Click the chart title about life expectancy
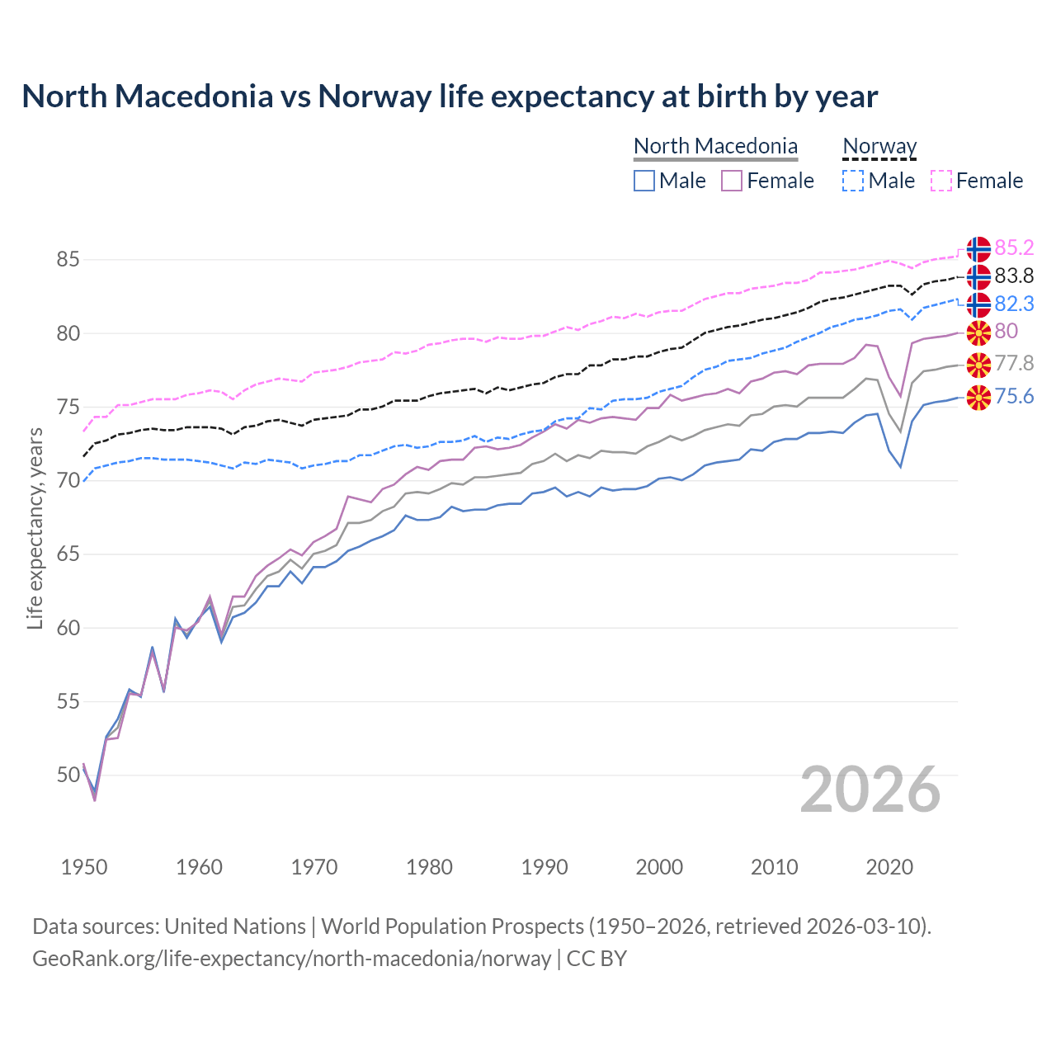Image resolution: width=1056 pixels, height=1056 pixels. pos(450,97)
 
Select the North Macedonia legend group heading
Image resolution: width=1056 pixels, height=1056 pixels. pos(715,146)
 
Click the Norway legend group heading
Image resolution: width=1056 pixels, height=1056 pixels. pos(879,146)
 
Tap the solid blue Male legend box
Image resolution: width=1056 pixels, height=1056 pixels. pos(644,181)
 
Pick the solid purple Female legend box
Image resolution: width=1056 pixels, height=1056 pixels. pos(732,181)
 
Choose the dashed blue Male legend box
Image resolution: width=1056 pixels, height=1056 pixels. pos(853,181)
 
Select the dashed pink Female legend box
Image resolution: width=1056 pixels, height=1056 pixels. pos(941,181)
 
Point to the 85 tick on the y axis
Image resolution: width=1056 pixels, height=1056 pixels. pos(68,259)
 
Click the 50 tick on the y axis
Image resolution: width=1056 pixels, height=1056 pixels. pos(68,775)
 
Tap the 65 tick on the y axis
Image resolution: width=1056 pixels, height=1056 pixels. pos(68,554)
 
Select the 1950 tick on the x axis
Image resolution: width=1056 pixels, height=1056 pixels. pos(84,867)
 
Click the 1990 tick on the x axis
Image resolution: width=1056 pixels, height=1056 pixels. pos(544,867)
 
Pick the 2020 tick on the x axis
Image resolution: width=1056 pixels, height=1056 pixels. pos(889,867)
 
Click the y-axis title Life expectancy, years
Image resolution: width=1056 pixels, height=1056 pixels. pos(35,528)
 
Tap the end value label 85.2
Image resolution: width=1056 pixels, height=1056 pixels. pos(1014,247)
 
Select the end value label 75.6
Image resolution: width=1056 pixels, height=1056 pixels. pos(1014,397)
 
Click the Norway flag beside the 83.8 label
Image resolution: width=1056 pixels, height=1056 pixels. pos(978,276)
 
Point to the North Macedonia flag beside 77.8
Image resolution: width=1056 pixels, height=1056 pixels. pos(978,364)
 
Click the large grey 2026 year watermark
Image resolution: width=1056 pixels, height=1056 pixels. pos(870,790)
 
